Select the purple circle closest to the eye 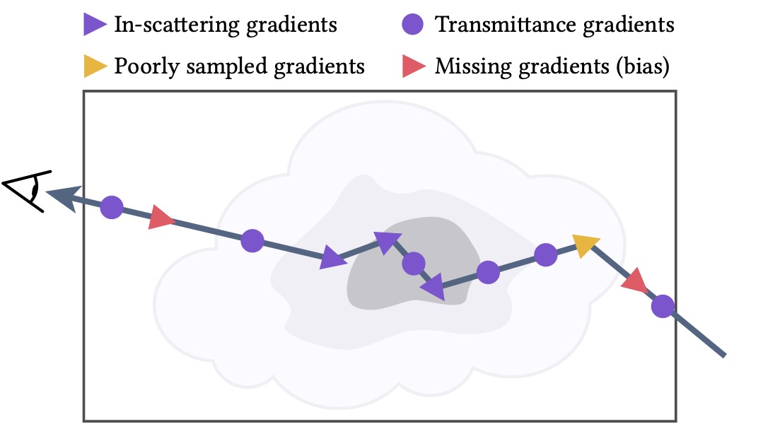tap(112, 208)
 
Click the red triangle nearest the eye tap(161, 218)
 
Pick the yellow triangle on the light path tap(586, 245)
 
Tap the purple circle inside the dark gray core tap(414, 264)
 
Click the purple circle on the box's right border tap(663, 306)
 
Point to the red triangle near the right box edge tap(634, 281)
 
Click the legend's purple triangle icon tap(94, 24)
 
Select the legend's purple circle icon tap(413, 24)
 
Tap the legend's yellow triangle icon tap(94, 66)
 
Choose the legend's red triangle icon tap(413, 66)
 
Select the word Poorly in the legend tap(146, 67)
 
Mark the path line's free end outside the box tap(725, 355)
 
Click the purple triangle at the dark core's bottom tap(434, 287)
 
